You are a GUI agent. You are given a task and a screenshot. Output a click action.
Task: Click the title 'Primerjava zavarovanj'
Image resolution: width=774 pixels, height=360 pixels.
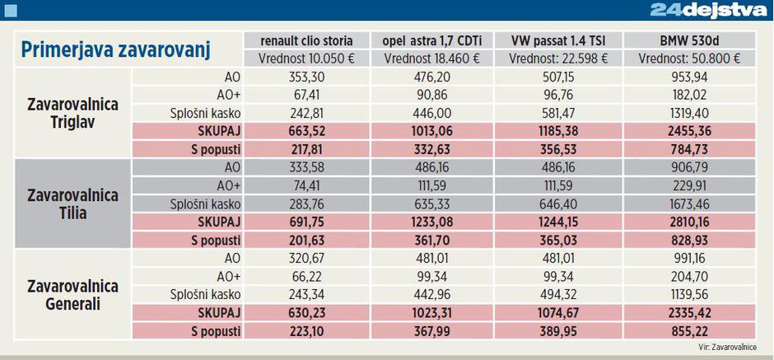pos(116,49)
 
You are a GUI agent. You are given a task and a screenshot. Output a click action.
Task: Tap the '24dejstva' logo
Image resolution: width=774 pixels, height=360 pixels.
pos(707,10)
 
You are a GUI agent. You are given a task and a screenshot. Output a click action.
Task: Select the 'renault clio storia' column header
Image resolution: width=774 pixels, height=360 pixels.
pos(306,40)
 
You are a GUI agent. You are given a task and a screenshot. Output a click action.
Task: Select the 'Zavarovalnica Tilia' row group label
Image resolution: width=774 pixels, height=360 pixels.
pos(73,204)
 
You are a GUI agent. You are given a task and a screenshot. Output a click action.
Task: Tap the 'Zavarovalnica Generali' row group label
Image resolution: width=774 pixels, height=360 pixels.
pos(73,295)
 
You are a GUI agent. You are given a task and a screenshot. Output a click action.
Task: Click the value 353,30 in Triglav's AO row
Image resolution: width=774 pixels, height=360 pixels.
pos(306,77)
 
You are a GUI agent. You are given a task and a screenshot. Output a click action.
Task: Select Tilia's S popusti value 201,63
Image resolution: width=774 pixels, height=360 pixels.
pos(306,240)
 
